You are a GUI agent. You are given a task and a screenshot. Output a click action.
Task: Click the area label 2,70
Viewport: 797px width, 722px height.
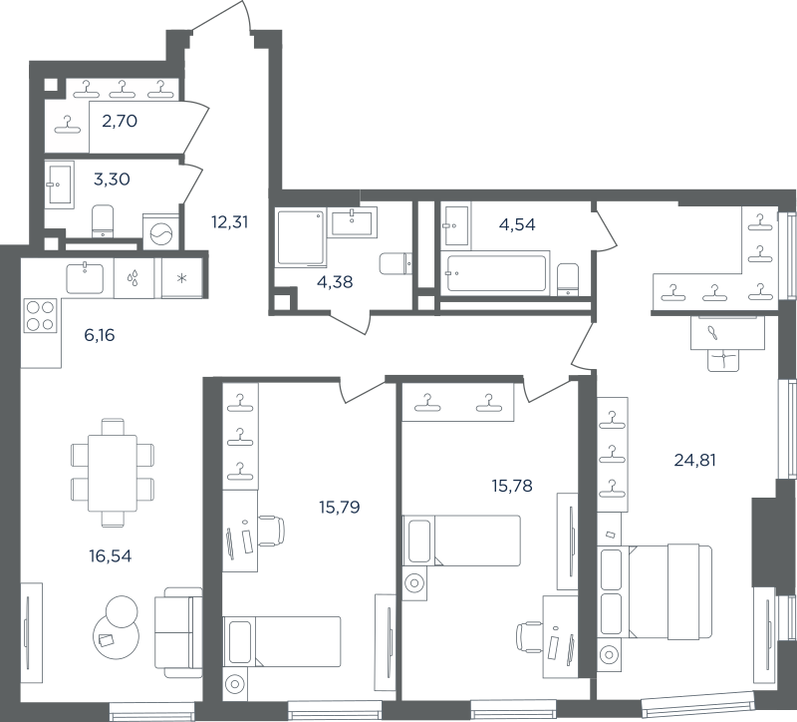120,121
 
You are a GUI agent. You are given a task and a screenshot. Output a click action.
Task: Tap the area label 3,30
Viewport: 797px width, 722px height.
112,180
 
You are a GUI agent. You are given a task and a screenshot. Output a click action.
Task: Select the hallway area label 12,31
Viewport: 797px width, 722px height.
230,221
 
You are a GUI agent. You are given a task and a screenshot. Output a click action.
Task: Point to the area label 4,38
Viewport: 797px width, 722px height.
335,281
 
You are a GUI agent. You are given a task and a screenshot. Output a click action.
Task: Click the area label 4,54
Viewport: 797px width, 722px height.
517,223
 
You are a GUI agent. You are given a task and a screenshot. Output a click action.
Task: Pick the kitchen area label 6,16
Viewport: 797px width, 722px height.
99,335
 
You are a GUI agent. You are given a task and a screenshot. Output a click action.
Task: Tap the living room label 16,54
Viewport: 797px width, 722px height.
111,556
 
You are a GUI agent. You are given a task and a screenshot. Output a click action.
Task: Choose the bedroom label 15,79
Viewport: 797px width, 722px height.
340,507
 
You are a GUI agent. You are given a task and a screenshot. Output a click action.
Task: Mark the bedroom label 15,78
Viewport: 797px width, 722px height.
512,486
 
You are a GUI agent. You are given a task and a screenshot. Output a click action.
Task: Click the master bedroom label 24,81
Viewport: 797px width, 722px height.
694,460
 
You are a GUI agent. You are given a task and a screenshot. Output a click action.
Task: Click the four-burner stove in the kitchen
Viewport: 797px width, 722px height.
40,316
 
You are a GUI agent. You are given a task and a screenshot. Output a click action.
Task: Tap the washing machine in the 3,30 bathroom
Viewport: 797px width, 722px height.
161,233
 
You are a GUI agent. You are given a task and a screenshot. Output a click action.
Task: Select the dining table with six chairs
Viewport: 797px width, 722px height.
113,473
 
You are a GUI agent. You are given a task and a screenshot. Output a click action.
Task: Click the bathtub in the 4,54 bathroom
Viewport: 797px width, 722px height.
495,273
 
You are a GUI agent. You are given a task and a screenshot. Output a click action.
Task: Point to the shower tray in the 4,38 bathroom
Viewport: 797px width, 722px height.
301,238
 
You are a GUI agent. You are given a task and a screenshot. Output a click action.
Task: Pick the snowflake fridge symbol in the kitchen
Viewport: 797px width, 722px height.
182,278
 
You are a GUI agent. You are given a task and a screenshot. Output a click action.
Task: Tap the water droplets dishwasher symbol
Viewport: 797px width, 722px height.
133,278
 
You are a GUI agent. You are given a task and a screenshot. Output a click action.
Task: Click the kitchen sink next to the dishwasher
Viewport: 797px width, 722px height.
85,278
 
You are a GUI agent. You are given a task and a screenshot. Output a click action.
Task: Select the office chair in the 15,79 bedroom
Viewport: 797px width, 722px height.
271,531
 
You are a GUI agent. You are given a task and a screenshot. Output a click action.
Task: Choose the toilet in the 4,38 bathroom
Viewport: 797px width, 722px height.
396,263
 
